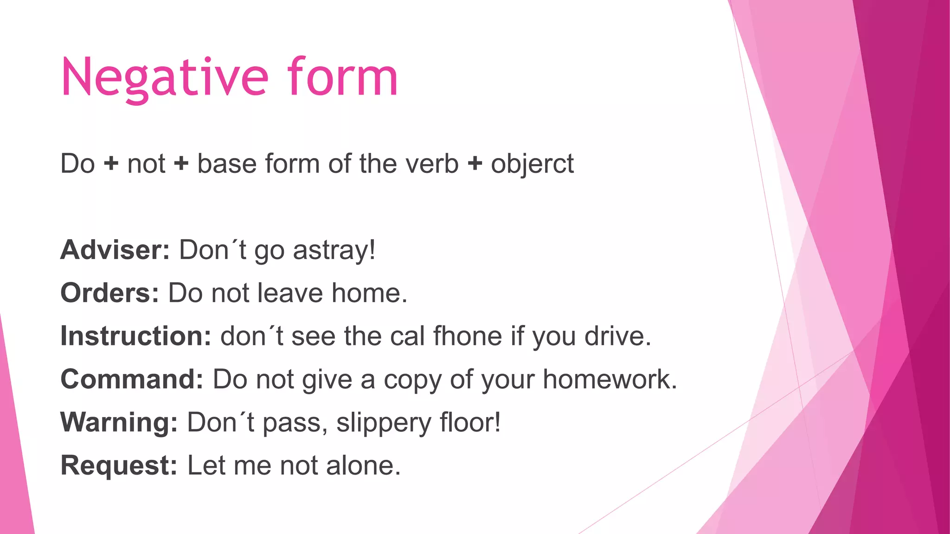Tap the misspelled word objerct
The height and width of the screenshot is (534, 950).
click(x=532, y=164)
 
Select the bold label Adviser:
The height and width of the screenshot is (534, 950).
click(x=115, y=250)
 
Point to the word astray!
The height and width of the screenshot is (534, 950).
click(x=334, y=250)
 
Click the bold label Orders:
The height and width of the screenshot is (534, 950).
click(x=110, y=293)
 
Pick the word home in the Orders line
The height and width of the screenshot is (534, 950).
click(x=369, y=293)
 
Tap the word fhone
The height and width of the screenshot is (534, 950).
click(x=468, y=336)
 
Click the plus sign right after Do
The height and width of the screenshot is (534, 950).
click(x=111, y=164)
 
